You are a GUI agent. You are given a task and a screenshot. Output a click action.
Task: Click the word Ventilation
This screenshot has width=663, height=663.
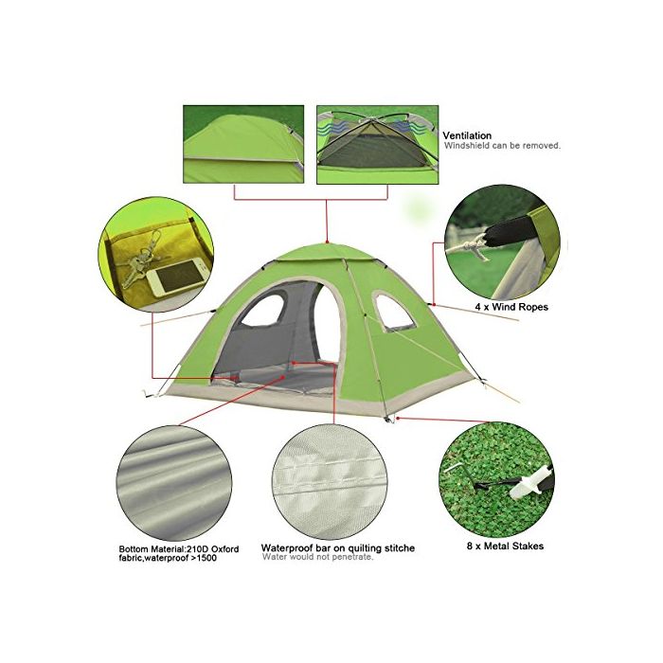tap(467, 135)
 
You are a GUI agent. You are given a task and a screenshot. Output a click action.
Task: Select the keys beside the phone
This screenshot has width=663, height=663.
tap(139, 260)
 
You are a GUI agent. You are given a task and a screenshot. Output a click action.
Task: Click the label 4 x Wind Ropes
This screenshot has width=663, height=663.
tap(511, 307)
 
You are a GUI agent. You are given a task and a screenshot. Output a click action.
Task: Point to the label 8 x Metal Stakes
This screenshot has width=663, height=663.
tap(505, 546)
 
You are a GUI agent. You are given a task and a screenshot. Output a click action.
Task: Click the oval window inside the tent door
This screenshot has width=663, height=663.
tap(262, 311)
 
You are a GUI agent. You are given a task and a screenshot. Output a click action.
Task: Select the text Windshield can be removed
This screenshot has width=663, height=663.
tap(502, 146)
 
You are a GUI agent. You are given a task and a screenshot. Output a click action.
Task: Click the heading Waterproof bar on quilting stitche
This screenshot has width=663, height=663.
tap(337, 548)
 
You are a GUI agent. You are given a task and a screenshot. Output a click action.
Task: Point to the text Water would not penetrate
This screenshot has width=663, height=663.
tap(317, 557)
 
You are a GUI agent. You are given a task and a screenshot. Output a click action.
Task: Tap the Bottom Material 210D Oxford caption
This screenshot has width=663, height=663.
tap(178, 553)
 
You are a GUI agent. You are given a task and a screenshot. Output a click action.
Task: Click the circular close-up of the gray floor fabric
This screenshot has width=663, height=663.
tap(174, 483)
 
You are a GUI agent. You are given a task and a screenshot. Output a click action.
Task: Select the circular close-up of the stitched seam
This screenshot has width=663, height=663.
tap(330, 482)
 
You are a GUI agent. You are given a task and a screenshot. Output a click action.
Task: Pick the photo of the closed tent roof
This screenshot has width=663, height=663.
tap(243, 144)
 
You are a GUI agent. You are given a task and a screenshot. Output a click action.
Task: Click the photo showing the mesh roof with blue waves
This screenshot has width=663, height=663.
tap(378, 145)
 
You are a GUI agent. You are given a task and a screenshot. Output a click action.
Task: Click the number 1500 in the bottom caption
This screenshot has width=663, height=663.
tap(206, 558)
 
